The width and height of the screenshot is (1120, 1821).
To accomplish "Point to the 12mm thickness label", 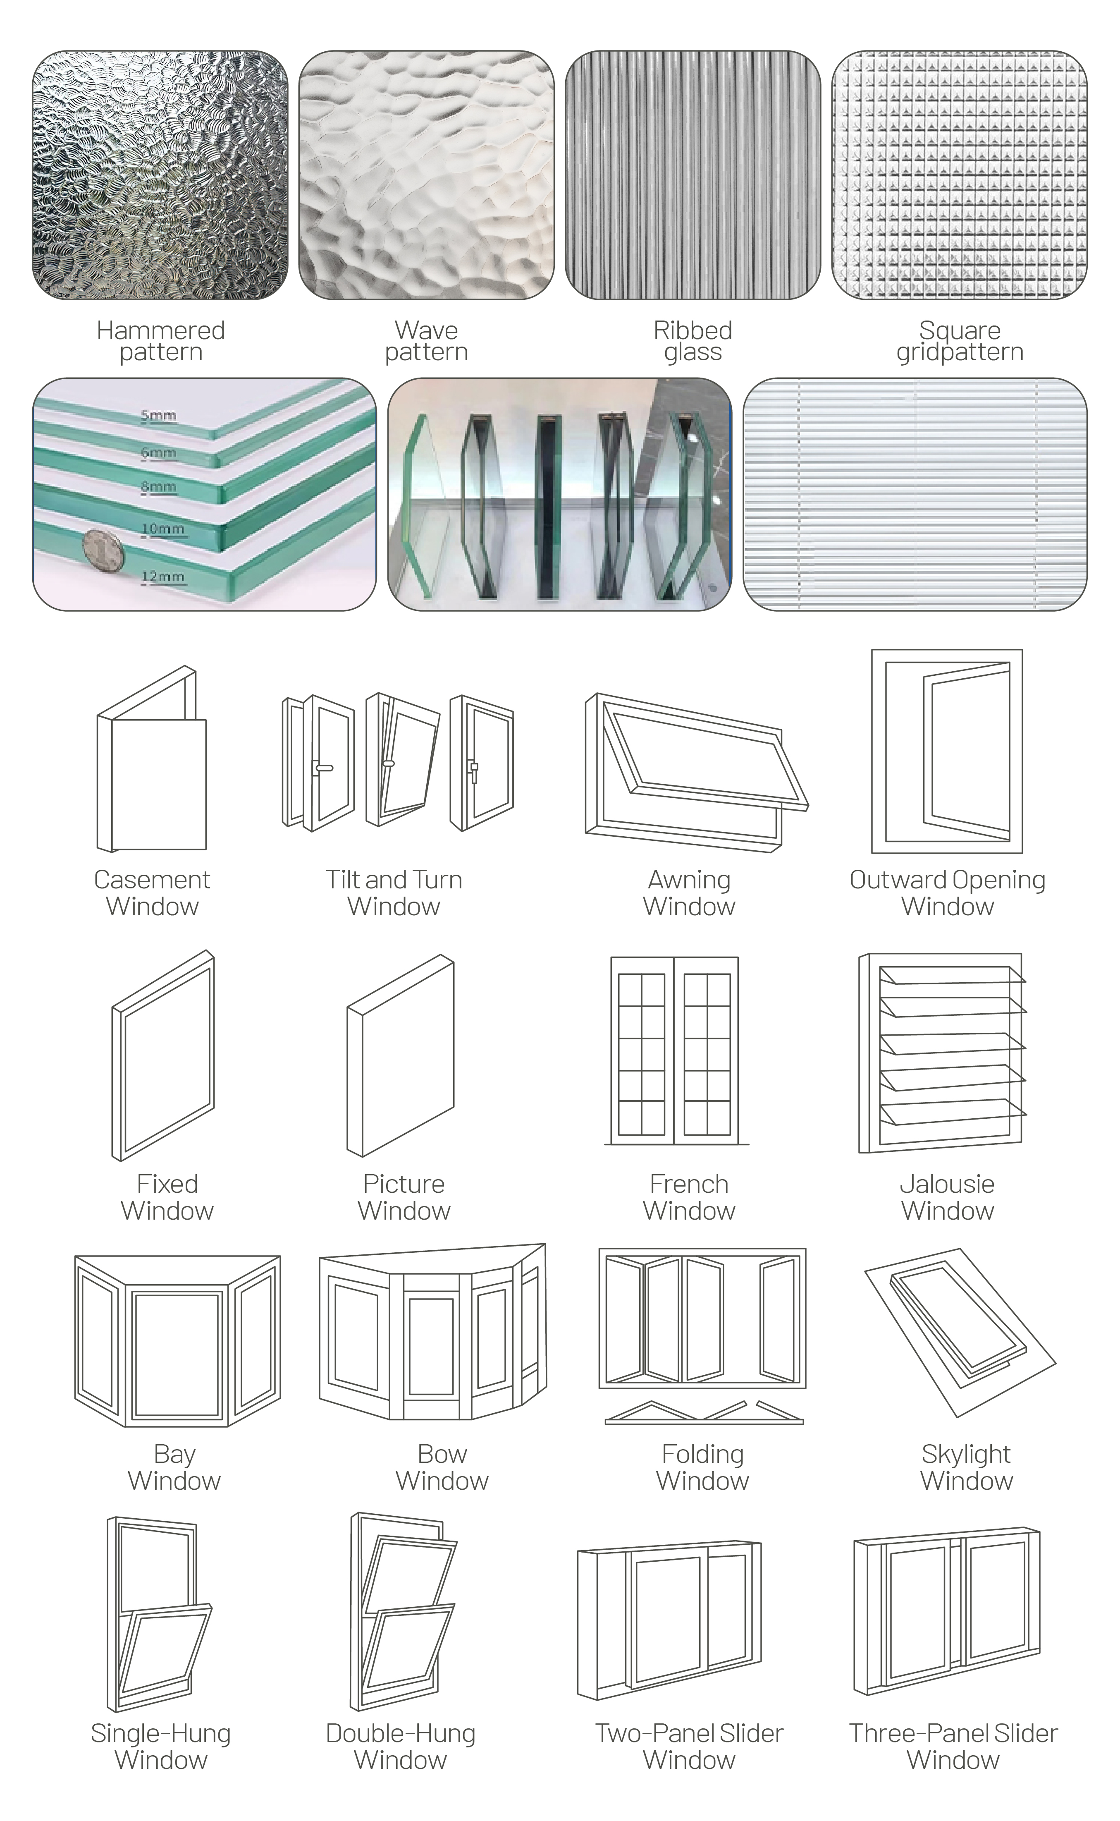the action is coord(162,576).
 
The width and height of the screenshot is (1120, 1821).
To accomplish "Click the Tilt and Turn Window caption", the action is coord(394,893).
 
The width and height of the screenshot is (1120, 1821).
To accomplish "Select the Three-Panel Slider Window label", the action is coord(953,1746).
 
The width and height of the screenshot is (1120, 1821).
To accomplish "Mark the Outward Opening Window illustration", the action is coord(947,751).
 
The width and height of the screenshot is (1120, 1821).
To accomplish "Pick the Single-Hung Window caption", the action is coord(161,1746).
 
